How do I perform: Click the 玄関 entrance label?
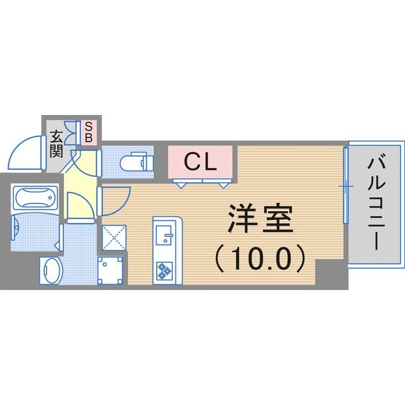(56, 143)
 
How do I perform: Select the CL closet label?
(201, 163)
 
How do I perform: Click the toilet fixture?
(136, 164)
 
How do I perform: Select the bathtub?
(35, 199)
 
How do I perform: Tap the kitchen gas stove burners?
(164, 270)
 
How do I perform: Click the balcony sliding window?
(346, 187)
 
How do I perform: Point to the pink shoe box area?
(89, 132)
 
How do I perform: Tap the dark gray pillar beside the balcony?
(332, 275)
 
